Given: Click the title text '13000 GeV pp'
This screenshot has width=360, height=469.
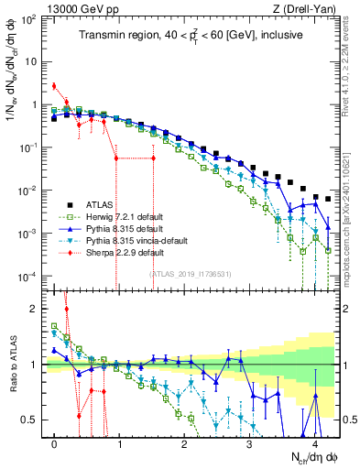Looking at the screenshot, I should point(71,8).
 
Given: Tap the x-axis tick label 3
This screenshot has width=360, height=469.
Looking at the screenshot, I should point(249,443).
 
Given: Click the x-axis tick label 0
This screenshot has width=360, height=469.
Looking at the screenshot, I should point(55,443).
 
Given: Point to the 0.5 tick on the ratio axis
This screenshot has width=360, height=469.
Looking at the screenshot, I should point(32,420).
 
